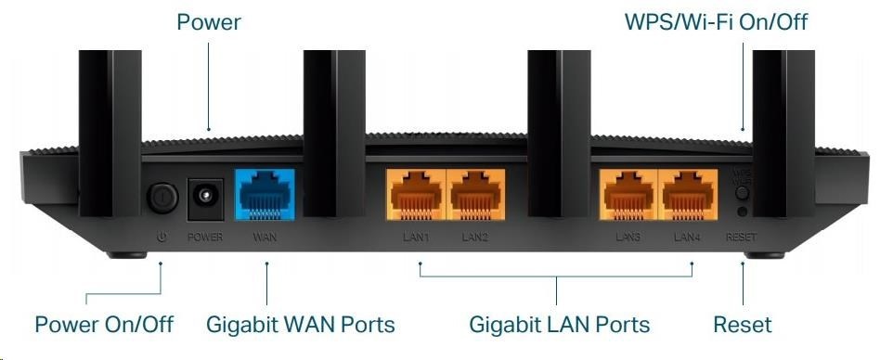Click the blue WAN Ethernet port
tap(265, 194)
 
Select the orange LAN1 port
tap(416, 194)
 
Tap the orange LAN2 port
tap(475, 194)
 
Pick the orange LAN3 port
tap(628, 194)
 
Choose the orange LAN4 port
tap(688, 194)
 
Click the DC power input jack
tap(205, 198)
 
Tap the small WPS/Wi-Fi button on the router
tap(742, 193)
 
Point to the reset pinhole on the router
tap(742, 212)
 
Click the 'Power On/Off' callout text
tap(104, 324)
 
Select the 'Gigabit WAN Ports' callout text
tap(300, 324)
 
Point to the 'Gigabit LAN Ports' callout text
tap(559, 324)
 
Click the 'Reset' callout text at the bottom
tap(743, 324)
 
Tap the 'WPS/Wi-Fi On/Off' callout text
tap(716, 21)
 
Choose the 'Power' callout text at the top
tap(209, 21)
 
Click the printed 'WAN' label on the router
tap(265, 237)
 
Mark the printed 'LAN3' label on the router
tap(628, 237)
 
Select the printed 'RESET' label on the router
tap(742, 237)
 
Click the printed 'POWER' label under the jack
tap(205, 237)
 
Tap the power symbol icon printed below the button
tap(162, 237)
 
